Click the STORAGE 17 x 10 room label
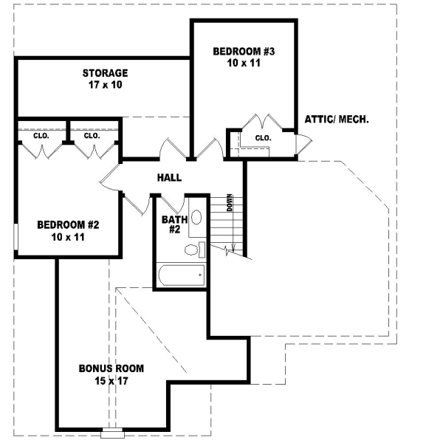point(105,79)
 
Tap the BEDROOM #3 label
point(244,58)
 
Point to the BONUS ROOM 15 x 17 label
point(111,374)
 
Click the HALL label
point(169,178)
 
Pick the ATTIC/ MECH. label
point(337,119)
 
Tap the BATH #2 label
point(172,224)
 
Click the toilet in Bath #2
point(194,250)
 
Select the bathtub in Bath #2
point(181,278)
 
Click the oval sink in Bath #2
point(196,218)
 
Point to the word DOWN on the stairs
point(230,202)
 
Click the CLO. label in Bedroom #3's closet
point(263,138)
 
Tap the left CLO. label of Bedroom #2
point(41,136)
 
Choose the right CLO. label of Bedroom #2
point(92,136)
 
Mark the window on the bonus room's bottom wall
point(114,430)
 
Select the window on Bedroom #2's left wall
point(15,238)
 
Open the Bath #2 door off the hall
point(173,204)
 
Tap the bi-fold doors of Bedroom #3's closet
point(262,121)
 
